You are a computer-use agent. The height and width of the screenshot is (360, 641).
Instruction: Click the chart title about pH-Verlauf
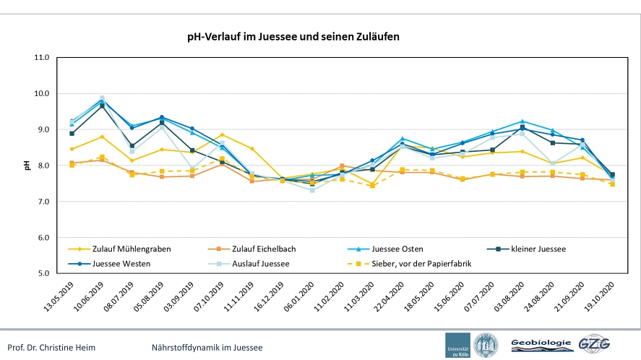click(x=293, y=37)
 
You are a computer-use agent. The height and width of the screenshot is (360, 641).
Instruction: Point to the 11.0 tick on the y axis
click(x=41, y=58)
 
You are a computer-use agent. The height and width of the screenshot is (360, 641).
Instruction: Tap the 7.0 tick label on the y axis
click(x=43, y=202)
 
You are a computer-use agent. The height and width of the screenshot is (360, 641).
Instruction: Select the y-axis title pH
click(x=27, y=166)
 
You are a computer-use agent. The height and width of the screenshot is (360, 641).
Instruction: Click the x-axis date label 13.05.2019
click(x=59, y=296)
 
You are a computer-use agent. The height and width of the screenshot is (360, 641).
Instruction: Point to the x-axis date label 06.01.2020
click(x=299, y=296)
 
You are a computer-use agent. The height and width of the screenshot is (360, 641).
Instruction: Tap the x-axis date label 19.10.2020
click(x=600, y=296)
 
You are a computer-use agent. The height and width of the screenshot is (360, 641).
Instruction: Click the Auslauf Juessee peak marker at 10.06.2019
click(x=102, y=98)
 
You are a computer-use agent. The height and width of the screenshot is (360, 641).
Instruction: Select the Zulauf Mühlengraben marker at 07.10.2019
click(x=222, y=134)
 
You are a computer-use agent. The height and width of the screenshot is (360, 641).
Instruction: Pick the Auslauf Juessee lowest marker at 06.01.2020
click(x=312, y=190)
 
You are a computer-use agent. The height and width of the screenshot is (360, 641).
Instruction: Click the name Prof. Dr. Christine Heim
click(x=51, y=348)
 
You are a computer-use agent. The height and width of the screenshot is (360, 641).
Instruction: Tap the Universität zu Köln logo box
click(x=457, y=346)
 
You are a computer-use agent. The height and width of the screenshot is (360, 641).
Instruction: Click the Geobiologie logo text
click(x=541, y=343)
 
